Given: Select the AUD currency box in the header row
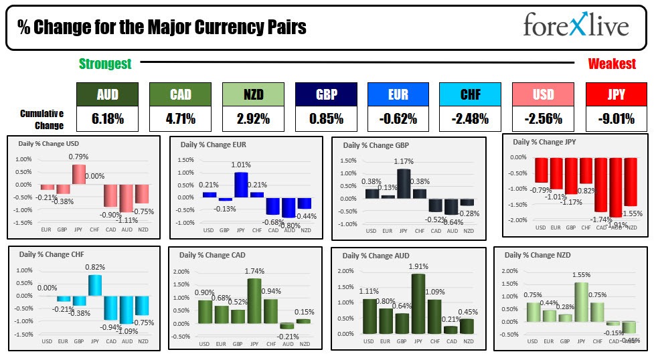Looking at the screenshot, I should point(107,94).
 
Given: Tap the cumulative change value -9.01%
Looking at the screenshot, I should point(616,119).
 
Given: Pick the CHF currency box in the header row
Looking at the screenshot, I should point(471,94).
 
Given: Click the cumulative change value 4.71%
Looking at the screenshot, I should point(180,119).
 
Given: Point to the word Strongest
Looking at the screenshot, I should point(105,64).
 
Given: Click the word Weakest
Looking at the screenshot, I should point(612,64).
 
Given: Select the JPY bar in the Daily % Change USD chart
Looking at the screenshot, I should point(79,174).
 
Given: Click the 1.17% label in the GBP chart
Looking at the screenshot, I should point(404,162).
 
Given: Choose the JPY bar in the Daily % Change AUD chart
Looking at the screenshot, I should point(419,304).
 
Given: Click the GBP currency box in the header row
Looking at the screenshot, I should point(325,94).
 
